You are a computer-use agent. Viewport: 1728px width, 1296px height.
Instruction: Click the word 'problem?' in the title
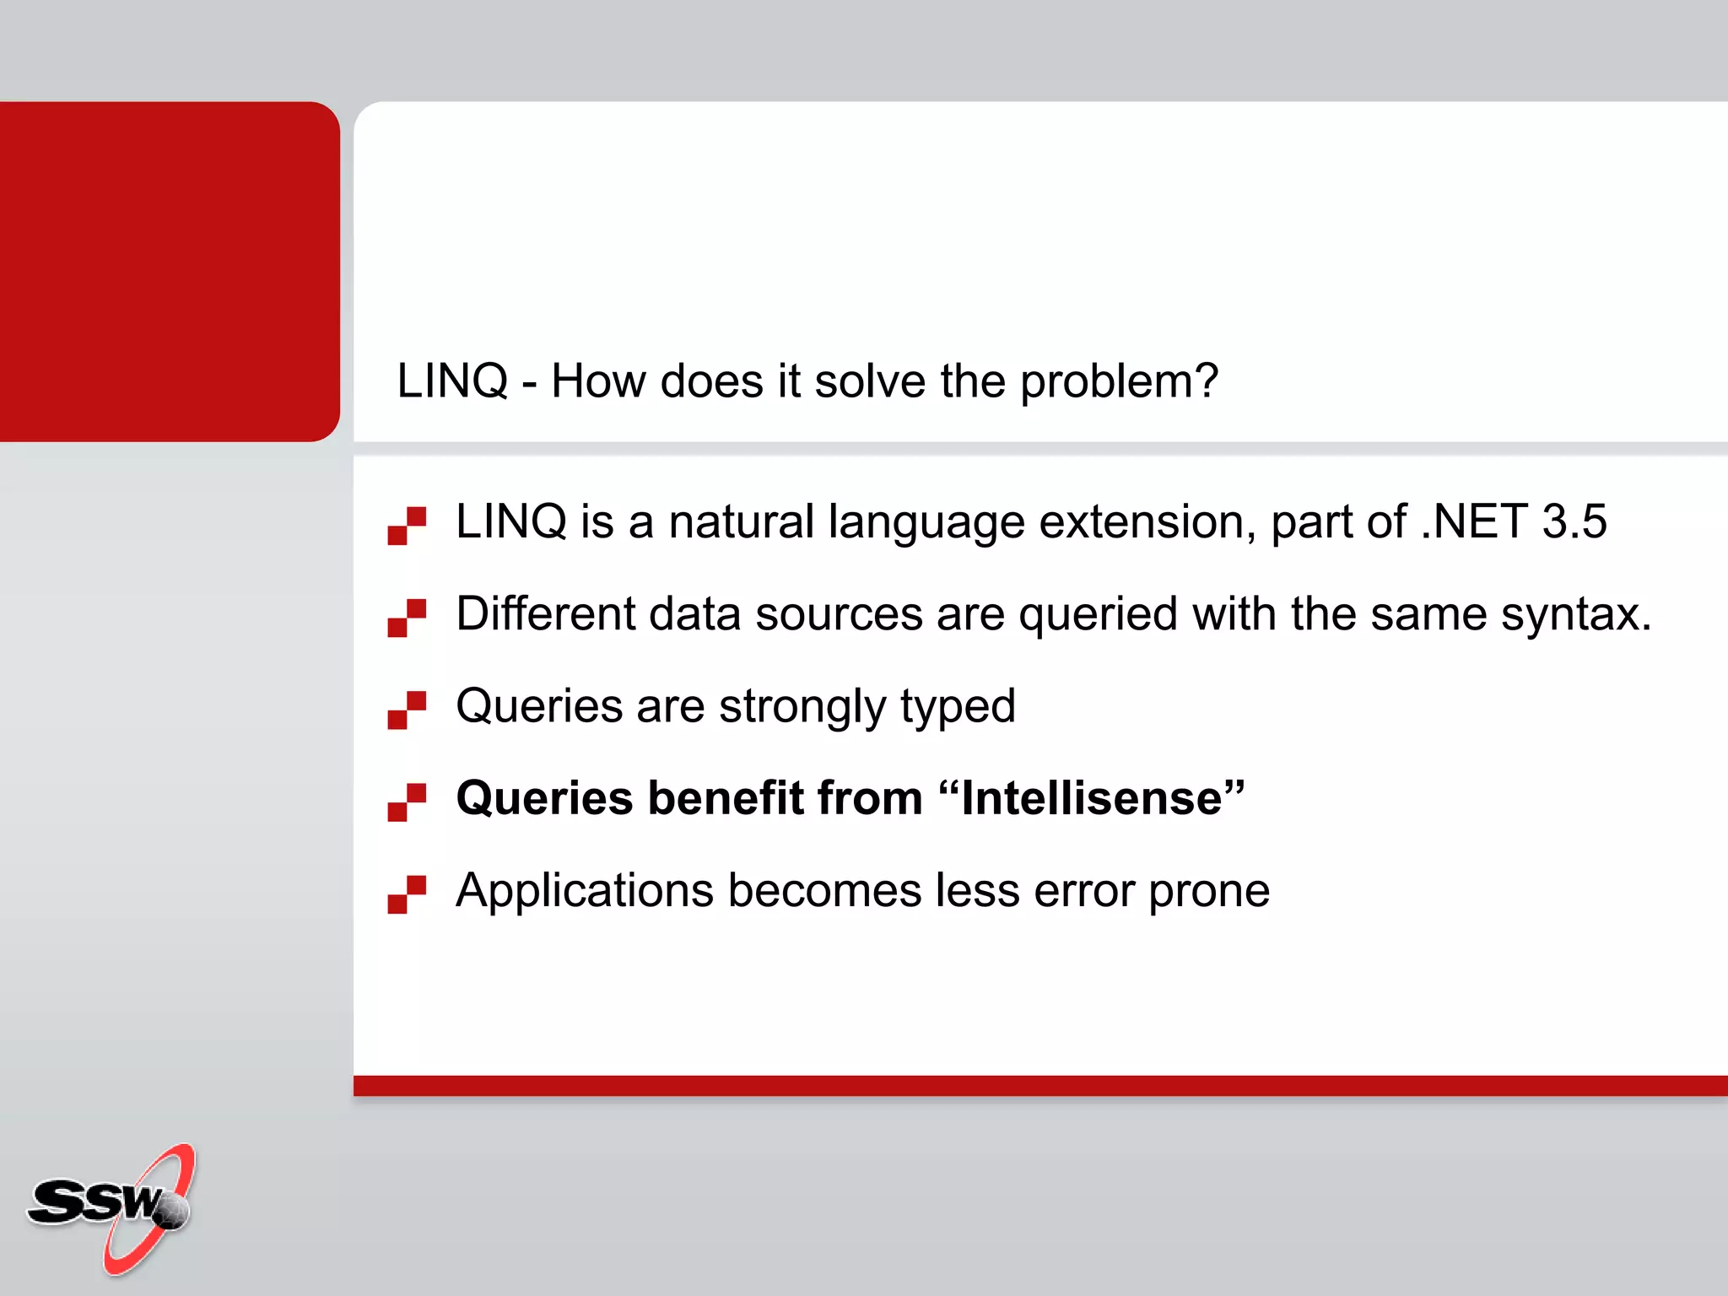(1119, 382)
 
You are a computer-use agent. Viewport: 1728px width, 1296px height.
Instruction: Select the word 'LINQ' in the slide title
(452, 381)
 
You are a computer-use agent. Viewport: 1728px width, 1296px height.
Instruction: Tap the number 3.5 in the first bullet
(1574, 521)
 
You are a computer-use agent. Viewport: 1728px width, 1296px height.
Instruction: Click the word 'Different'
(545, 613)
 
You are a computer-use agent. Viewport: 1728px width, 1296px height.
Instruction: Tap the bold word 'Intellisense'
(1092, 798)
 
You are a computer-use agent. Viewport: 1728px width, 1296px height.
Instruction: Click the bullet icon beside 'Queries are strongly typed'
(407, 710)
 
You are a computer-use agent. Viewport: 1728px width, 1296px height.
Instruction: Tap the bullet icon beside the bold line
(407, 802)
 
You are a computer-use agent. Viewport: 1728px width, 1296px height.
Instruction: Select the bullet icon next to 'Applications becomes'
(407, 894)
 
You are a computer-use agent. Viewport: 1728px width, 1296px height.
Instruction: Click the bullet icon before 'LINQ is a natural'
(407, 526)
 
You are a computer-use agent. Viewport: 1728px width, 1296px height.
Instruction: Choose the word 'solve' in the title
(870, 381)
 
